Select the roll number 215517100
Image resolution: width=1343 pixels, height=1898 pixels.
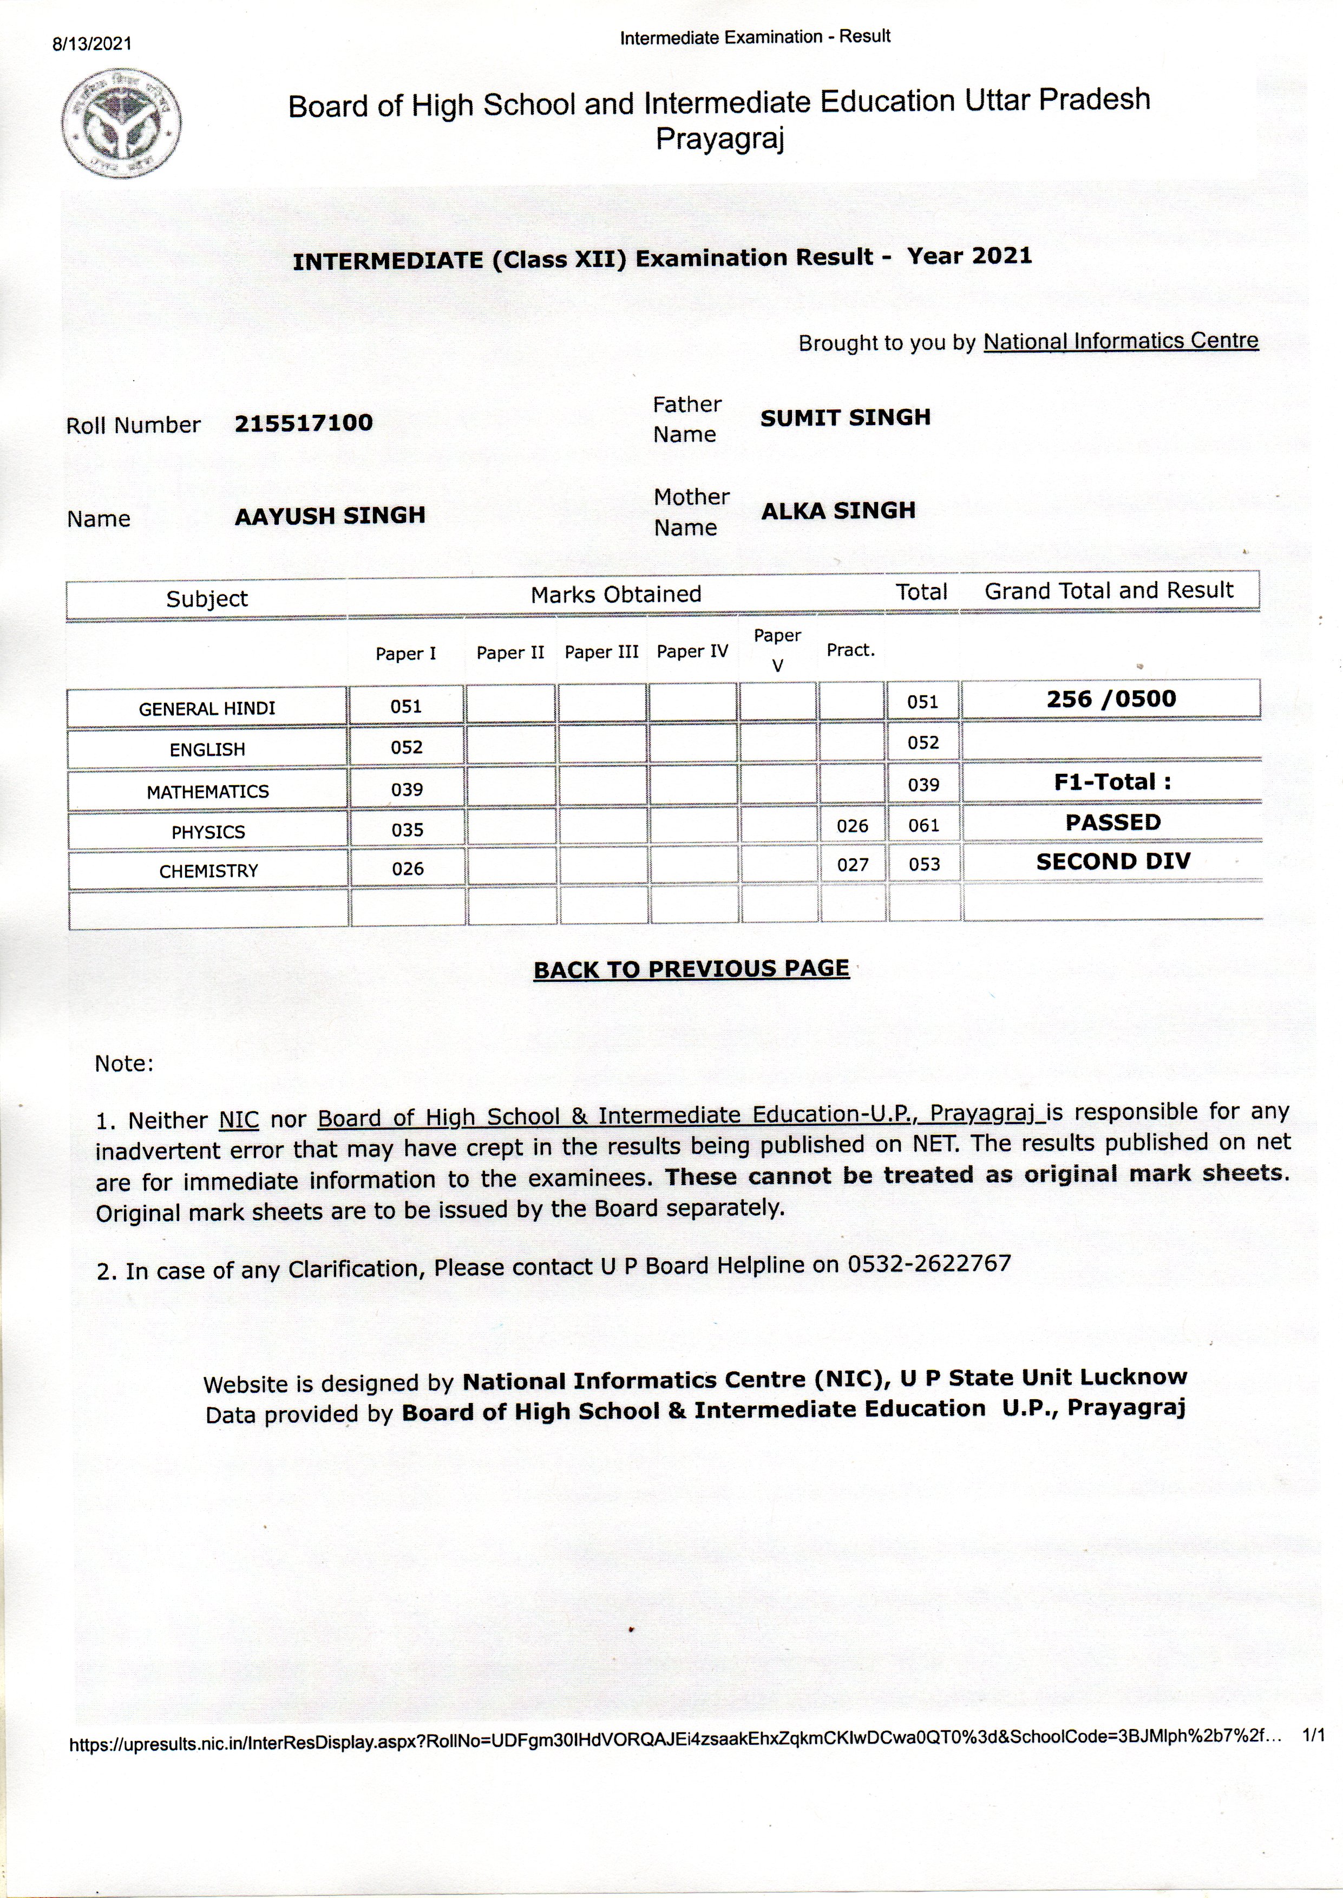[x=304, y=423]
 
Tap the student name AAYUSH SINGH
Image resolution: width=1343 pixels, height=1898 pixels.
[x=330, y=516]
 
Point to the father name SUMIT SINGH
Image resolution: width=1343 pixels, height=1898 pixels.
[x=845, y=418]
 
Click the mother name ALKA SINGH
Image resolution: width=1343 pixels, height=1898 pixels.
[x=838, y=511]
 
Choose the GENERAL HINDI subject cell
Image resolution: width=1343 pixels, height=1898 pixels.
[x=207, y=708]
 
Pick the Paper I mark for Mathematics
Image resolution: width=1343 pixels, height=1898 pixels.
[x=407, y=790]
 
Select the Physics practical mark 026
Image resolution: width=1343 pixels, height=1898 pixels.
[x=852, y=826]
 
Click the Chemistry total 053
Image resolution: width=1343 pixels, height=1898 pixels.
[x=923, y=865]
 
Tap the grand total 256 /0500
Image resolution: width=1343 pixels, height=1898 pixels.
[x=1111, y=699]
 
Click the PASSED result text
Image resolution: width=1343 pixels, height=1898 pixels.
[x=1112, y=823]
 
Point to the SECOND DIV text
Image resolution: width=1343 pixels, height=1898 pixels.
[x=1113, y=862]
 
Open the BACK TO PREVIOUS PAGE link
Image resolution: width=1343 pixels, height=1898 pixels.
[x=691, y=969]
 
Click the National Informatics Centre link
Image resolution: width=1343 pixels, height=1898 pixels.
[x=1121, y=341]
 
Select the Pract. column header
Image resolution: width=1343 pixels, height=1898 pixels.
[x=850, y=650]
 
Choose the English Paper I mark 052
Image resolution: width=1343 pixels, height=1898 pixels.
[x=407, y=747]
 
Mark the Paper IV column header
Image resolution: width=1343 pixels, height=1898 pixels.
[x=692, y=652]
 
